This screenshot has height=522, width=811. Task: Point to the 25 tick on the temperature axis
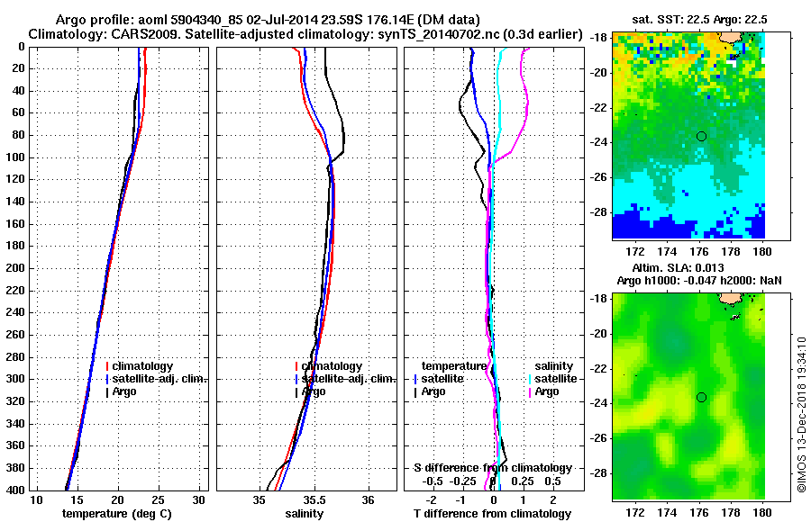tap(158, 499)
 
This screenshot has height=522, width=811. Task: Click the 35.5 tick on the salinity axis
tap(314, 499)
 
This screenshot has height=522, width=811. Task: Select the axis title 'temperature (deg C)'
tap(116, 514)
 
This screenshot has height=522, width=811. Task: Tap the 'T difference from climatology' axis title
tap(492, 514)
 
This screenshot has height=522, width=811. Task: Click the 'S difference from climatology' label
tap(493, 468)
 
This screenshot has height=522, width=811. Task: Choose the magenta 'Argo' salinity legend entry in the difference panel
tap(547, 392)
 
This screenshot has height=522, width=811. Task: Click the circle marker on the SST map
tap(701, 136)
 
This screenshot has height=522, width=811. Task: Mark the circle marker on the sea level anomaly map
tap(701, 397)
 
